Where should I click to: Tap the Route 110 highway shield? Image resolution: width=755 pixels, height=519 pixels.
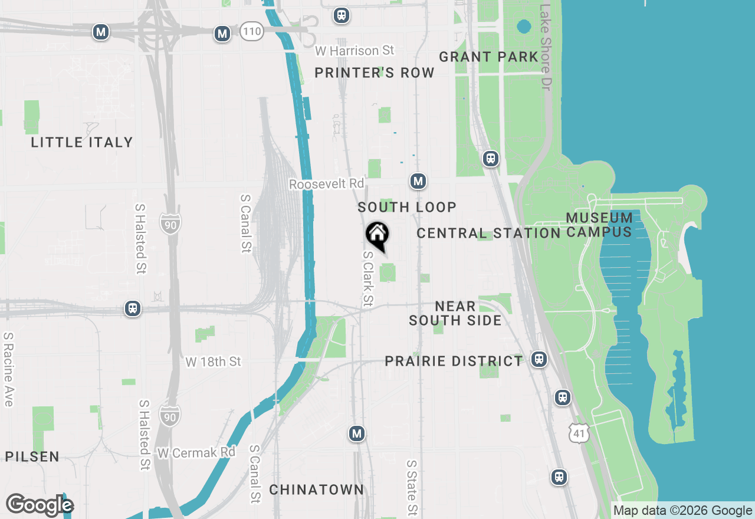click(251, 32)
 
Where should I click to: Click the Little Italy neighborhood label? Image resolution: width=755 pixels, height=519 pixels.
click(82, 142)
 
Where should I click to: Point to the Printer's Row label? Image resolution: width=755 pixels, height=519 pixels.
click(375, 73)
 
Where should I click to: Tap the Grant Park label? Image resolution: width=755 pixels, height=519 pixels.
click(488, 57)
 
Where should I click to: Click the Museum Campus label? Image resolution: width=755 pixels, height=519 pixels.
click(599, 225)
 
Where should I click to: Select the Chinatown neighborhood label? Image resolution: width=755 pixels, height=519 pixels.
click(317, 490)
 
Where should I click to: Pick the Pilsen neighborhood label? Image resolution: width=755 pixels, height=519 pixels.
click(32, 456)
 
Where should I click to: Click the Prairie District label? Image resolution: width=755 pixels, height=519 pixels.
click(454, 361)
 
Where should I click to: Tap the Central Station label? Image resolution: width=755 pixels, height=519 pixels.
click(488, 233)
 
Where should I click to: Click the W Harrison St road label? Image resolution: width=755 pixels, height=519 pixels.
click(354, 51)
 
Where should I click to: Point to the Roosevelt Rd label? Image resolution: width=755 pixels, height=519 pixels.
click(326, 184)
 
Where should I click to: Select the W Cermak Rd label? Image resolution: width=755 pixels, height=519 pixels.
click(196, 452)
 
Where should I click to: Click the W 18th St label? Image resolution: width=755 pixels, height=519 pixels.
click(214, 362)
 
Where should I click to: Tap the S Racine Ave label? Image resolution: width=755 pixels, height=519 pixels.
click(8, 369)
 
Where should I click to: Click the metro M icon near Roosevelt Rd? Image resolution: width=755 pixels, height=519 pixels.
click(418, 181)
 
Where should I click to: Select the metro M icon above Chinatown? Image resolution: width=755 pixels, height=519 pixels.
click(356, 434)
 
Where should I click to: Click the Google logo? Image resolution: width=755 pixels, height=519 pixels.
click(40, 505)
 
